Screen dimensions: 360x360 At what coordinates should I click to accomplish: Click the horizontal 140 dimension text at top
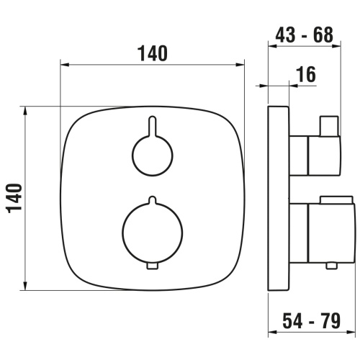click(x=152, y=53)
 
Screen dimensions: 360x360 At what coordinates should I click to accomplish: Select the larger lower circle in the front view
click(x=152, y=233)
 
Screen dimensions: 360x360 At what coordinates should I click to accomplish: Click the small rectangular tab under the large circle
click(x=152, y=268)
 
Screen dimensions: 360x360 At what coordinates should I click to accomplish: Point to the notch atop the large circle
click(x=152, y=200)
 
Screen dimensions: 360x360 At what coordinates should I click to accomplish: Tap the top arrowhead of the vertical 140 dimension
click(x=27, y=112)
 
